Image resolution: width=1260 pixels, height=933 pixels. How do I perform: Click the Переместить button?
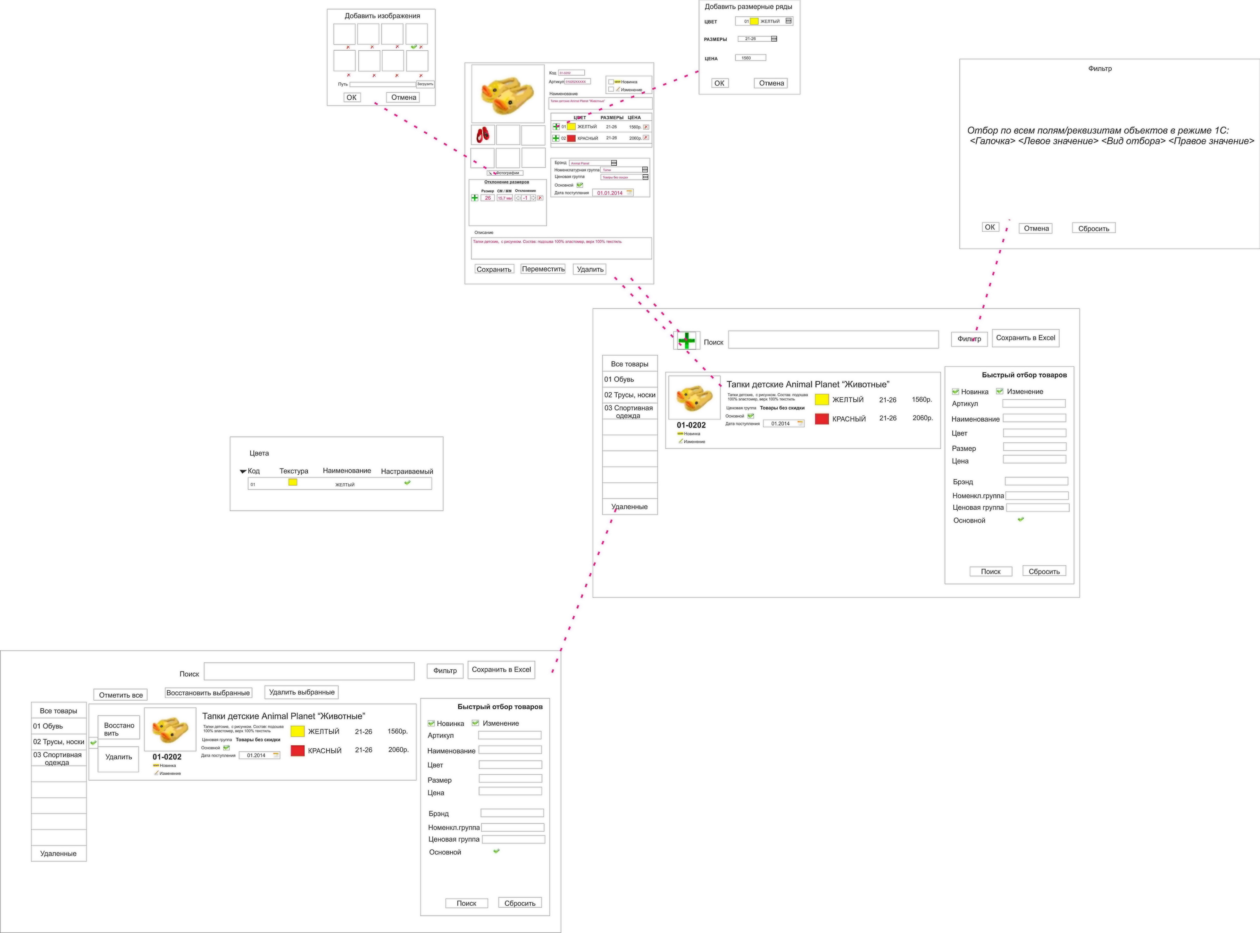click(543, 269)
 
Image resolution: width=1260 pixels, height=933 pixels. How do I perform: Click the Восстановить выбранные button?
click(208, 692)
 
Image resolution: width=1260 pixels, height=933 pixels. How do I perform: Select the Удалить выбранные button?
click(302, 692)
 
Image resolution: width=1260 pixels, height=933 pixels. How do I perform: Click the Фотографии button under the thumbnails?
click(506, 173)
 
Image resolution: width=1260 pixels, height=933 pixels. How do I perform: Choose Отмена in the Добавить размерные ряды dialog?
click(771, 83)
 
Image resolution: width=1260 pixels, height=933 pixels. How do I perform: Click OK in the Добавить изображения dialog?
click(351, 97)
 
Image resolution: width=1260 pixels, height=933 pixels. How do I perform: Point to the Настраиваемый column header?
click(407, 471)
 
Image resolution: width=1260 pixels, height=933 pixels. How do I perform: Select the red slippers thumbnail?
click(483, 135)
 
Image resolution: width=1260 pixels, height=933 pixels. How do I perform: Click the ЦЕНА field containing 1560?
click(750, 58)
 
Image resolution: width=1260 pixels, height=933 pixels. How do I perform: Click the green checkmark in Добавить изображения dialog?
click(414, 47)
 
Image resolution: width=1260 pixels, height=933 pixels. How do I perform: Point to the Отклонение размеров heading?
click(507, 182)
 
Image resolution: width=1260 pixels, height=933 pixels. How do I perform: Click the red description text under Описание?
click(547, 242)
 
